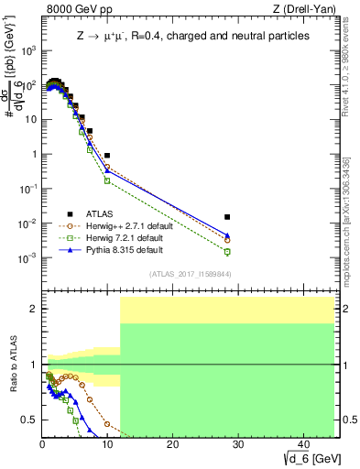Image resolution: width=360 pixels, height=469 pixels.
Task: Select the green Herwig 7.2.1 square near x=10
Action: click(x=107, y=180)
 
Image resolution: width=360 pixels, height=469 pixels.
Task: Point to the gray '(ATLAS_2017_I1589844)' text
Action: click(x=190, y=274)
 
